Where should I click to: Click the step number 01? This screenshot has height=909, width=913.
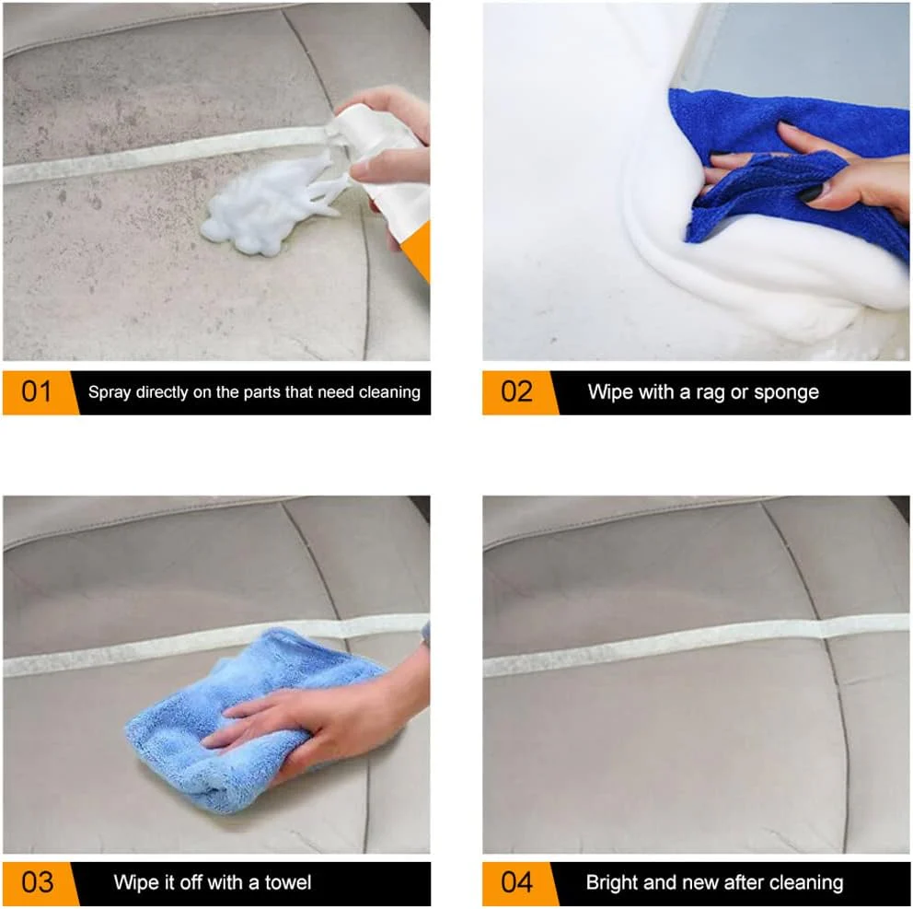[x=36, y=392]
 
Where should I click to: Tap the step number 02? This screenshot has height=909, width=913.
[x=516, y=392]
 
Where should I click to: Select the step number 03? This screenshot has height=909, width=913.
[x=36, y=882]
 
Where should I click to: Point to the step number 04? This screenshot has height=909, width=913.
[x=516, y=882]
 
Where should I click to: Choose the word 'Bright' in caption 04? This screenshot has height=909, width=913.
[x=613, y=882]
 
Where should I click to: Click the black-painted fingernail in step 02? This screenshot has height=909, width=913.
[x=810, y=192]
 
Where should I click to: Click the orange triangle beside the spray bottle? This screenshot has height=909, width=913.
[x=419, y=249]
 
